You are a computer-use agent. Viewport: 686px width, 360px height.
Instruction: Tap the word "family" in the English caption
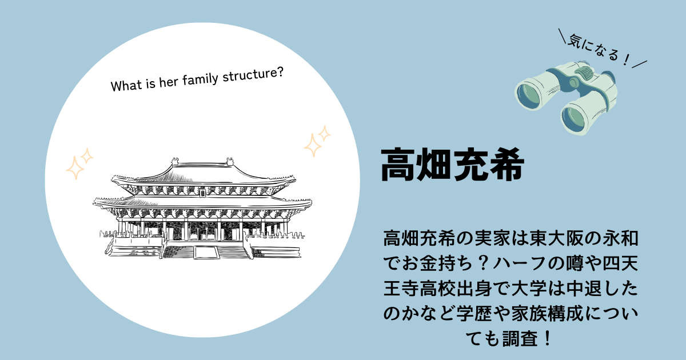[x=200, y=79]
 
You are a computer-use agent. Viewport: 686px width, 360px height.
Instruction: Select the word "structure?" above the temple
[x=253, y=74]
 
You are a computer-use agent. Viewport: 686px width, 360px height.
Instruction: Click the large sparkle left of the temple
[x=74, y=168]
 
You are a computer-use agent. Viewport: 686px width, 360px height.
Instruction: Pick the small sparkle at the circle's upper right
[x=324, y=134]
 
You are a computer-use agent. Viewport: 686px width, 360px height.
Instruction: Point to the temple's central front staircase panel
[x=206, y=252]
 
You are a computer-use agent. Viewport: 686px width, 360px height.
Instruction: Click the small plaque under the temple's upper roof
[x=202, y=193]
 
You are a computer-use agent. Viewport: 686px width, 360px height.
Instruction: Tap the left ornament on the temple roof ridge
[x=175, y=162]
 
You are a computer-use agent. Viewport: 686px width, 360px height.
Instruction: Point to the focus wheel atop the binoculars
[x=584, y=73]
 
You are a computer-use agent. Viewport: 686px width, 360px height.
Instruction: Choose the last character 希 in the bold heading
[x=507, y=165]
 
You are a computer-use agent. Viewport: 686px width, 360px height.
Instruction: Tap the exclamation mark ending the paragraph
[x=548, y=339]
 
